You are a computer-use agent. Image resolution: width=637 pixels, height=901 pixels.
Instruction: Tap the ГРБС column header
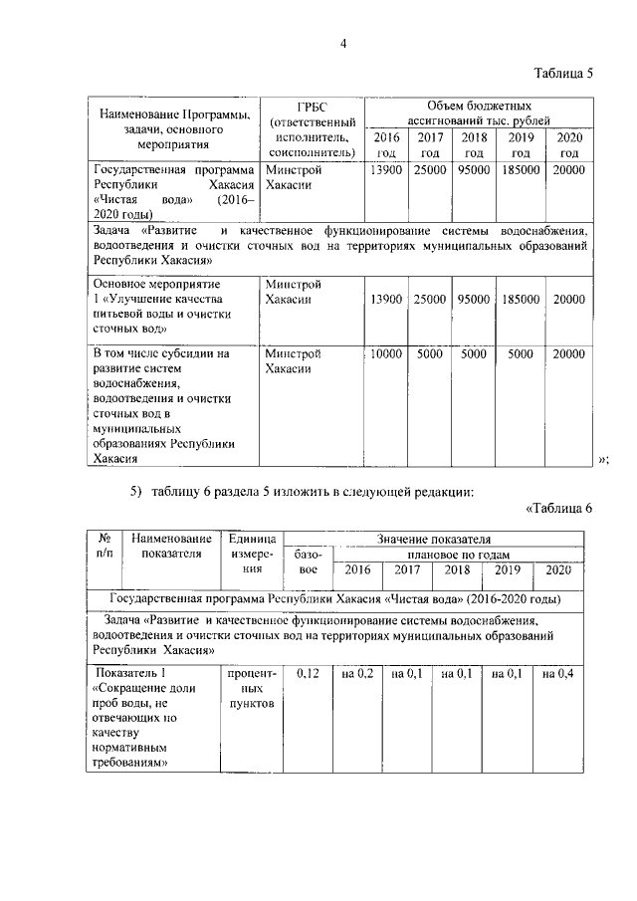point(312,128)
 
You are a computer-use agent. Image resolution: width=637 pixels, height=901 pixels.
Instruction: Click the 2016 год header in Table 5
point(384,144)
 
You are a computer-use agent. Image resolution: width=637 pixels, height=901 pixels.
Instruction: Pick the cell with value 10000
point(384,352)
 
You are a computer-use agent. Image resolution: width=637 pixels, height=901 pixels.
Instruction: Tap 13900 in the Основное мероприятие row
point(384,299)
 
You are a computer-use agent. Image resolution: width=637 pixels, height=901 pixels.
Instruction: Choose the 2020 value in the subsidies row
point(569,352)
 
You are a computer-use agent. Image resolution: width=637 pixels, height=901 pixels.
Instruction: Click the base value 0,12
point(308,674)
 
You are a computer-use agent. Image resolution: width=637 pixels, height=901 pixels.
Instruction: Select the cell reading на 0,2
point(357,674)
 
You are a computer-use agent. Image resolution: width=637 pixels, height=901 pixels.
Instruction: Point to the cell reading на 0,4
point(558,674)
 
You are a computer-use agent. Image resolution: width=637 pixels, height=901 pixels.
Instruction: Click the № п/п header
point(104,546)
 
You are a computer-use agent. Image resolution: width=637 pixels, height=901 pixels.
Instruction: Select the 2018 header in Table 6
point(458,570)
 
